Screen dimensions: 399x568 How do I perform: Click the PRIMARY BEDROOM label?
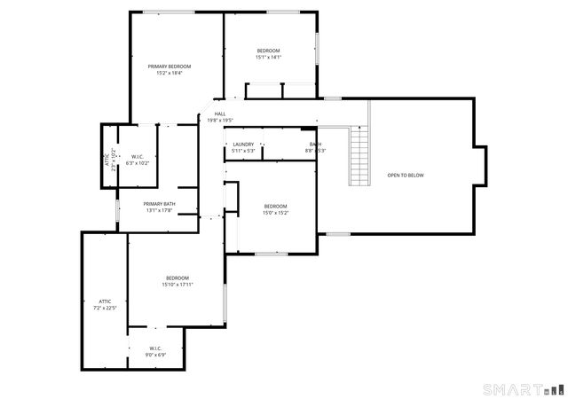click(169, 66)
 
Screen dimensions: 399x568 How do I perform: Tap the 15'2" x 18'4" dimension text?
click(169, 73)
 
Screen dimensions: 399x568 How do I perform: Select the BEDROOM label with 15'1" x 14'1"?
click(268, 51)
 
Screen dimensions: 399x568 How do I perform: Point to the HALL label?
click(219, 113)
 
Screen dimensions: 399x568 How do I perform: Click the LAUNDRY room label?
click(243, 144)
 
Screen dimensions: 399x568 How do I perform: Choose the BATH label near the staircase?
click(315, 144)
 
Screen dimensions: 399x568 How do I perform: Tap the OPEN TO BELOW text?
click(405, 176)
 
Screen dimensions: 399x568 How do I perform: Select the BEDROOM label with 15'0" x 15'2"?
click(275, 207)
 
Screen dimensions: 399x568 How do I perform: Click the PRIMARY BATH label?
click(159, 204)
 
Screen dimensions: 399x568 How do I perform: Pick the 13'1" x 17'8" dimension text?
click(159, 210)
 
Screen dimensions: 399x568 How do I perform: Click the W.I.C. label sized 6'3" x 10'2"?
click(138, 157)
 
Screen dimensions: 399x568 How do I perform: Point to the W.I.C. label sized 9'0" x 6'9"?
click(154, 348)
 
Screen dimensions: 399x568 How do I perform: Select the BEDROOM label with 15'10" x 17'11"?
click(177, 278)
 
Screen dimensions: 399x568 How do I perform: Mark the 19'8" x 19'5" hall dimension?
click(220, 120)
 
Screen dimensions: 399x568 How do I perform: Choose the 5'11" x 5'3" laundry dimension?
click(243, 151)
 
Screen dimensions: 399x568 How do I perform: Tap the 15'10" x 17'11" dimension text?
click(177, 285)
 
